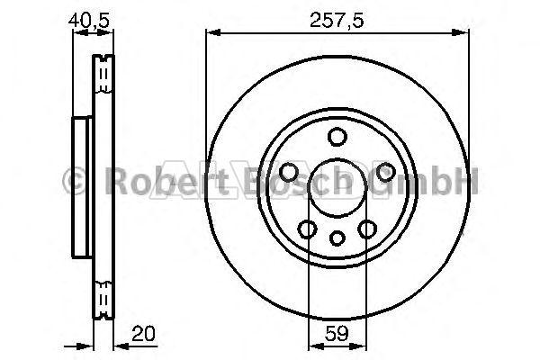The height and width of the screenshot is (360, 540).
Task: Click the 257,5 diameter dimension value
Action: (x=337, y=20)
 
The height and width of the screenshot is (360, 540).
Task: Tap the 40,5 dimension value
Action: (x=89, y=20)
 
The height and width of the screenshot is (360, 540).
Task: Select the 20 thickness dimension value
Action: (x=144, y=334)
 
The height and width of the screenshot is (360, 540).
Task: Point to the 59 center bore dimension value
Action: (x=337, y=333)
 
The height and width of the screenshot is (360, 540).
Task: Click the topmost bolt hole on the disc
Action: (x=337, y=137)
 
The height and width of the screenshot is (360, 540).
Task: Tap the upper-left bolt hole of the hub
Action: (x=289, y=172)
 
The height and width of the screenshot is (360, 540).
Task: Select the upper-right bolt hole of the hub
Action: (x=385, y=172)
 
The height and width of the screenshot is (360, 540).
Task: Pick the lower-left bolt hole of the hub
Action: (x=307, y=229)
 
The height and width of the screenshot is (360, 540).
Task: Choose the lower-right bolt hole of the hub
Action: (x=367, y=229)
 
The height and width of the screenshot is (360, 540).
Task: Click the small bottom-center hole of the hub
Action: (x=337, y=238)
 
